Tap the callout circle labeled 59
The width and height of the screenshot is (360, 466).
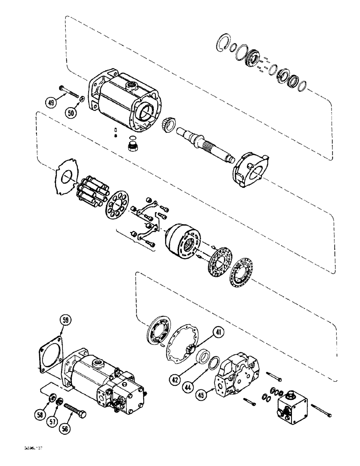pyautogui.click(x=66, y=320)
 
